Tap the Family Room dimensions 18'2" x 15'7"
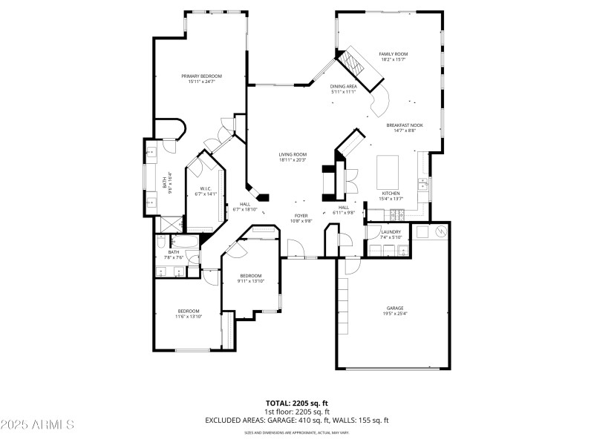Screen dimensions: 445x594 point(393,59)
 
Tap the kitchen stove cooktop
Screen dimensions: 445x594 point(397,215)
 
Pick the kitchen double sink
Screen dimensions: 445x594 point(422,184)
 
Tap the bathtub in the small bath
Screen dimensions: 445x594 point(184,242)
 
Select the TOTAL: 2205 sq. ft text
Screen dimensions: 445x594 point(296,403)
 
